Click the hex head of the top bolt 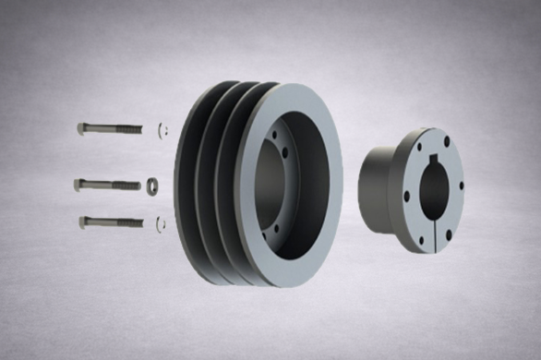(x=82, y=128)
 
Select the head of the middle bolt (x=79, y=185)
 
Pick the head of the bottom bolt (x=84, y=222)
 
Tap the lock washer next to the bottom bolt (x=162, y=222)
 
